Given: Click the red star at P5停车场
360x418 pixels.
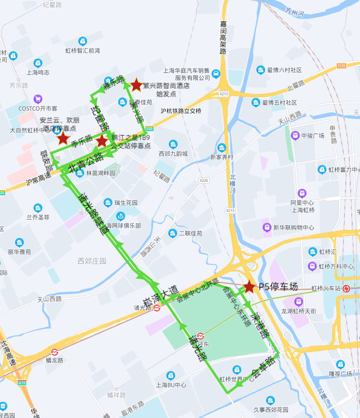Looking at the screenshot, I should (249, 286).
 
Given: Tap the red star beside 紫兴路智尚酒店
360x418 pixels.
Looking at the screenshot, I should (136, 84).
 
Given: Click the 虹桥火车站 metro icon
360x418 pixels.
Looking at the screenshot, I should (346, 289).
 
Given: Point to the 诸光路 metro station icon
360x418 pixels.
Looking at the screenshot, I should (157, 308).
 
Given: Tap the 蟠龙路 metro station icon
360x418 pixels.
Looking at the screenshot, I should (54, 352).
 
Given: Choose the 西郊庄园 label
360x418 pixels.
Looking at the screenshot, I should (92, 261).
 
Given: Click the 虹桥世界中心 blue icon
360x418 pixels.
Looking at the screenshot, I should (237, 369).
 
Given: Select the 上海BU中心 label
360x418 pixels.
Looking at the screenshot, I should (171, 385).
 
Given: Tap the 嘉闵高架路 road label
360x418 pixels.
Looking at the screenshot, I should (223, 37).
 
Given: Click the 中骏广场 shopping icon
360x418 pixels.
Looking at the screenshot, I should (295, 135).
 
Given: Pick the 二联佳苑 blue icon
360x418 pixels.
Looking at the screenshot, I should (173, 233).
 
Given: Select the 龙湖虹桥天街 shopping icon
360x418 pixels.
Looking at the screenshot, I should (298, 302).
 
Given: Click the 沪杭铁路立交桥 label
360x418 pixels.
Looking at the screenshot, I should (181, 111).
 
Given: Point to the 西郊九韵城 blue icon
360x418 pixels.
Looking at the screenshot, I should (173, 144).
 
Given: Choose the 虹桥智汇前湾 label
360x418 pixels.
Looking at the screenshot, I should (83, 50).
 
